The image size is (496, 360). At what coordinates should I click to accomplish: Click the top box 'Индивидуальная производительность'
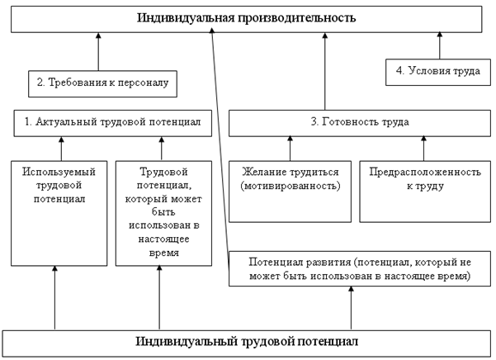point(248,17)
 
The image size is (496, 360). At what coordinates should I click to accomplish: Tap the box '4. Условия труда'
point(438,71)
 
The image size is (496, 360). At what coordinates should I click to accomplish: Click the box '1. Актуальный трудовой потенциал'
point(112,122)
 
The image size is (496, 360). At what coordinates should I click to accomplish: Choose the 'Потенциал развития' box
point(358,268)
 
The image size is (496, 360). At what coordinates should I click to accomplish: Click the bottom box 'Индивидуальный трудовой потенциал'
point(248,341)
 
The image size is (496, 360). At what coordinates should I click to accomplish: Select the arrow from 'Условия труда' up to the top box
point(438,45)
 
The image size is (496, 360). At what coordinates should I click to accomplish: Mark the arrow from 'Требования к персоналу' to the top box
point(98,51)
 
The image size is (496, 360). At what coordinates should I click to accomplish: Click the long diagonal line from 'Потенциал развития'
point(220,140)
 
